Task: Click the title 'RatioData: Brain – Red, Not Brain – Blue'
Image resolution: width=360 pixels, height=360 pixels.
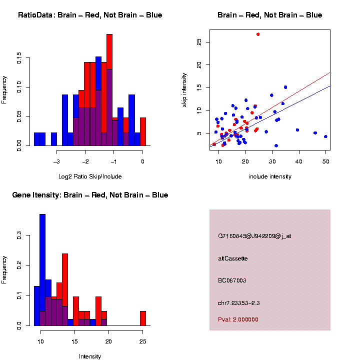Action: click(90, 15)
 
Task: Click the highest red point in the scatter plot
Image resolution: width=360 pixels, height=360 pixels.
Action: click(258, 34)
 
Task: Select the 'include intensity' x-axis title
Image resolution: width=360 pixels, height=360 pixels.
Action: click(270, 176)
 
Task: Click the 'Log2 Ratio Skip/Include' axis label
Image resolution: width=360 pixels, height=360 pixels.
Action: click(90, 176)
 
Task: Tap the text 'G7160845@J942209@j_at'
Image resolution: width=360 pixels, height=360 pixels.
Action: click(254, 236)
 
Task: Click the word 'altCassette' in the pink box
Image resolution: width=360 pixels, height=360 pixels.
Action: click(233, 258)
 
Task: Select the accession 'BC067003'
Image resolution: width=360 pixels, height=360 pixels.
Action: click(232, 280)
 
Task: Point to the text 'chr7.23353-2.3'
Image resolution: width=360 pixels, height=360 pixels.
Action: click(238, 302)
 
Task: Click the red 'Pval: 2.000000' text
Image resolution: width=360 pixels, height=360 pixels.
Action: click(238, 319)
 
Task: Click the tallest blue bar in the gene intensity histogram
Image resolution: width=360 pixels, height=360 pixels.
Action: click(42, 250)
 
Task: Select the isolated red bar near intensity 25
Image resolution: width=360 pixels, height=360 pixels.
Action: click(143, 318)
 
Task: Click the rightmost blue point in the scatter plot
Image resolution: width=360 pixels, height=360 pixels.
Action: click(325, 136)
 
